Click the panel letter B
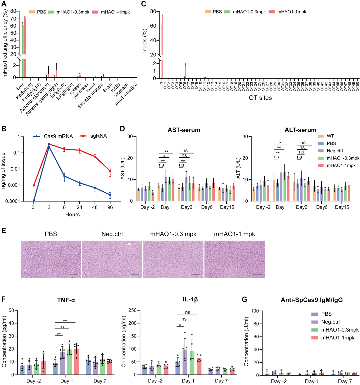click(4, 129)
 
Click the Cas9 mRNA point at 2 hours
click(49, 147)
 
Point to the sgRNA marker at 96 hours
click(110, 171)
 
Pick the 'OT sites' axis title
click(260, 98)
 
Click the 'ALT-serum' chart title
click(300, 130)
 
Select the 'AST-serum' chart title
click(184, 130)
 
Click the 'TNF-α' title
click(66, 300)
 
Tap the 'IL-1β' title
click(190, 300)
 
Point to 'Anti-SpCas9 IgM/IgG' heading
click(312, 300)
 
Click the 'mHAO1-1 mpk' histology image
click(234, 259)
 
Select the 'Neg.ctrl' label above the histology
click(112, 234)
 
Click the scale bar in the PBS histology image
click(74, 275)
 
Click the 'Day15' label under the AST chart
click(227, 207)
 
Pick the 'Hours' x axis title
click(72, 214)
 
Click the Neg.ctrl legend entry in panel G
click(330, 322)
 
